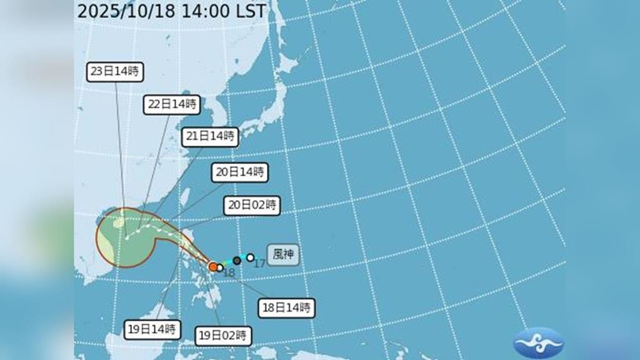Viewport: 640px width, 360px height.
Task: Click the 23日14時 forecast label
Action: (x=115, y=71)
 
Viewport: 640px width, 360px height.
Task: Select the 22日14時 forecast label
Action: (x=171, y=104)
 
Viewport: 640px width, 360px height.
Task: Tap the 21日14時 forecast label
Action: (x=211, y=137)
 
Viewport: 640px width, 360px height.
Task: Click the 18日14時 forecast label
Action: (x=286, y=307)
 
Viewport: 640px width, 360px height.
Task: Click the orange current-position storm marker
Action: (x=213, y=267)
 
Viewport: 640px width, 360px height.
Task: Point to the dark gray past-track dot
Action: (x=237, y=261)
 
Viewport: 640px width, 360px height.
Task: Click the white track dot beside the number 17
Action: (x=251, y=257)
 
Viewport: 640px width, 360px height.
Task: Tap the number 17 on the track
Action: (x=259, y=264)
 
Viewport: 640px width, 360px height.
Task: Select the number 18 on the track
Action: (x=228, y=272)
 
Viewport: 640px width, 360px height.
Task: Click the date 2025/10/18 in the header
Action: (x=124, y=11)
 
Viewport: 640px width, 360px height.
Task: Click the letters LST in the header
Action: (x=249, y=11)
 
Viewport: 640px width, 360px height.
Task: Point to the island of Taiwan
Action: (x=186, y=196)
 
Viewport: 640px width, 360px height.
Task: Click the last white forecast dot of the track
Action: (x=127, y=237)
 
